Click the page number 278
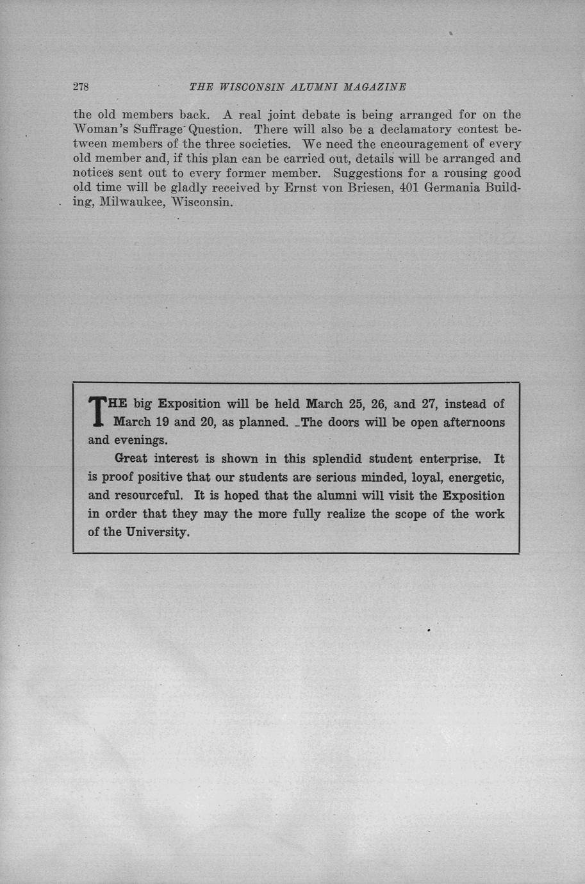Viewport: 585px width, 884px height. pos(80,86)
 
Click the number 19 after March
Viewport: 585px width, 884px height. pos(162,423)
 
